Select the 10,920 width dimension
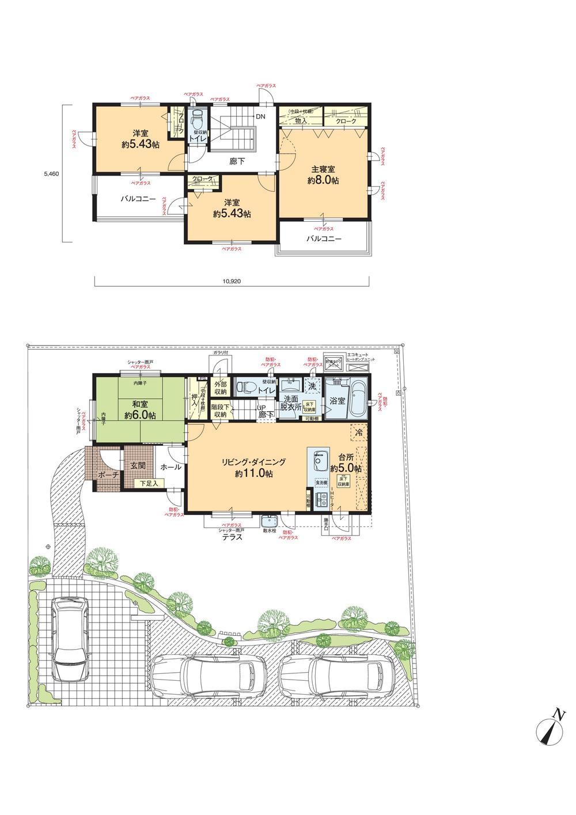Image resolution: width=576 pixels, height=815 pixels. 231,282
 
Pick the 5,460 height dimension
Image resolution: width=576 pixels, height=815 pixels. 51,172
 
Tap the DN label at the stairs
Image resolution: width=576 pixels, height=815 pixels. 261,116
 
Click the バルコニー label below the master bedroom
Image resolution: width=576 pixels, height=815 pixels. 324,238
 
